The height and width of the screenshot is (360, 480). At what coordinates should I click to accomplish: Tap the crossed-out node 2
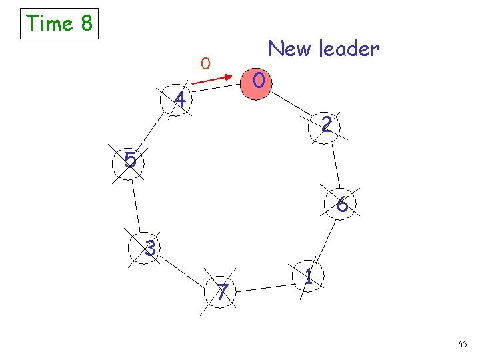[x=326, y=125]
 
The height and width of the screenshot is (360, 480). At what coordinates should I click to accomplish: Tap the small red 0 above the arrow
[x=206, y=64]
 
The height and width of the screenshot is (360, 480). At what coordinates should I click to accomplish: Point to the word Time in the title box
[x=49, y=24]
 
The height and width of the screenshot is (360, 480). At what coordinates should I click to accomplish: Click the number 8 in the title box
[x=86, y=24]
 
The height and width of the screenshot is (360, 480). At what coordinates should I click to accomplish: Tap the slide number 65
[x=463, y=344]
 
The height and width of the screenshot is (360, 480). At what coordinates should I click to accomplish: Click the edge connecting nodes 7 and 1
[x=265, y=287]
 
